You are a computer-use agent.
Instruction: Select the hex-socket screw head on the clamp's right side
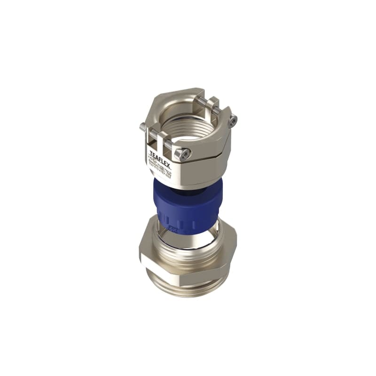233,121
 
